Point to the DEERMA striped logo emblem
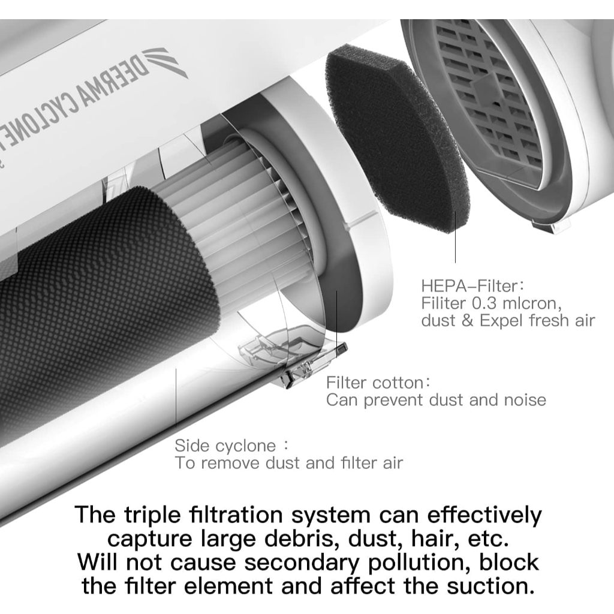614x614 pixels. point(164,62)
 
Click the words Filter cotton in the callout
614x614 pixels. point(375,383)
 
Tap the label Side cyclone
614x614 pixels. point(225,446)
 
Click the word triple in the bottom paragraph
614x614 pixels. point(153,516)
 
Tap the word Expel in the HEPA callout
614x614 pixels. point(501,321)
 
